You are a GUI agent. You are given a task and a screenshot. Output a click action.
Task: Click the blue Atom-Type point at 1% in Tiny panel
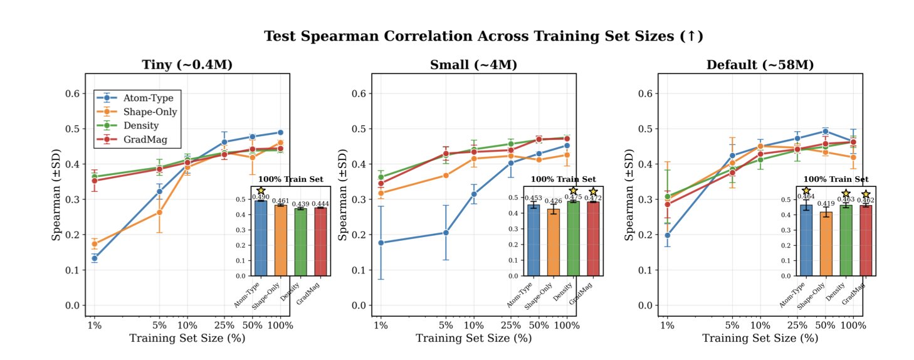click(94, 258)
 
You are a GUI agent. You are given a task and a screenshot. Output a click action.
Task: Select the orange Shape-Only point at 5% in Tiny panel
click(159, 213)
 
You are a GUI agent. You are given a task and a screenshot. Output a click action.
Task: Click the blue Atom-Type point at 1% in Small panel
click(381, 243)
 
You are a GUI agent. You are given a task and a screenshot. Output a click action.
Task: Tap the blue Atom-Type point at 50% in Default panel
click(825, 132)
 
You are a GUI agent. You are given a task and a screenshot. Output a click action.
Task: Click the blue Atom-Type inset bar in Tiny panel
click(260, 238)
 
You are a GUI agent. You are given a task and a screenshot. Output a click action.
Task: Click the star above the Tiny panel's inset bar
click(260, 190)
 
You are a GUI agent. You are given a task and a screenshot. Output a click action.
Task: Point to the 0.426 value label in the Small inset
click(553, 201)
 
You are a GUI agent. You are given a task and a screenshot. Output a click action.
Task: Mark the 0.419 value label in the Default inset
click(826, 204)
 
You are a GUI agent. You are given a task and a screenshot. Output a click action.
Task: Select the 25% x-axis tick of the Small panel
click(511, 326)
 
